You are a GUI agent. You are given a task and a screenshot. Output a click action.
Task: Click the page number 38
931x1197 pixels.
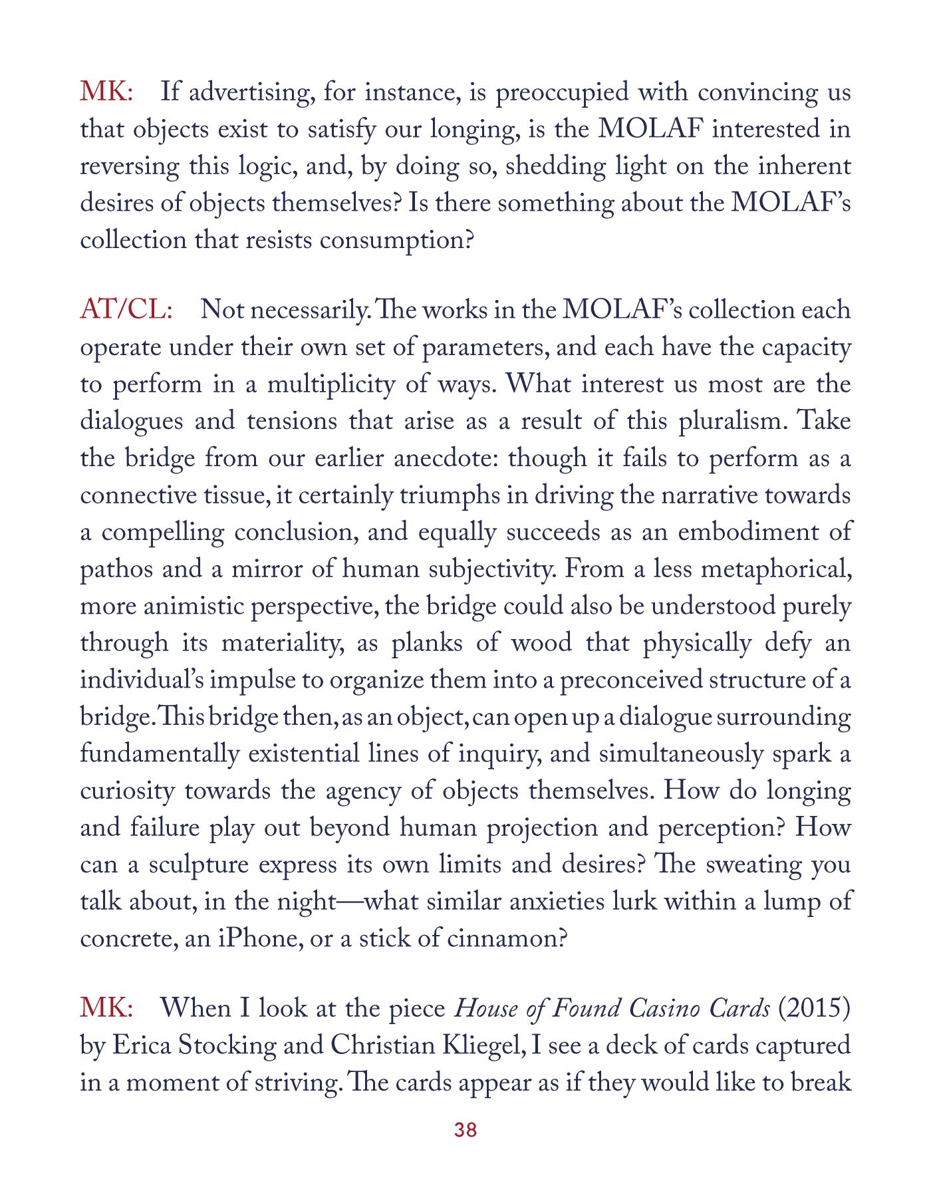click(x=465, y=1130)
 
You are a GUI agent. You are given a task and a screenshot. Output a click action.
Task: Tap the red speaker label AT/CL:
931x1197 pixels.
click(x=126, y=311)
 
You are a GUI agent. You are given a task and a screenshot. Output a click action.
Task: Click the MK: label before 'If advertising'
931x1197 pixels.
click(x=106, y=92)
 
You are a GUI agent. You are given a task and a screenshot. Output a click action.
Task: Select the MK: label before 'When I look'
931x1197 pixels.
click(x=106, y=1009)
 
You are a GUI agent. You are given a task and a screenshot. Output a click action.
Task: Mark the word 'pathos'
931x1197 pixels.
click(x=116, y=570)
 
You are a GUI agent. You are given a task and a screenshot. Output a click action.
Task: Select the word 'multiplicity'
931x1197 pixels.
click(x=331, y=385)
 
